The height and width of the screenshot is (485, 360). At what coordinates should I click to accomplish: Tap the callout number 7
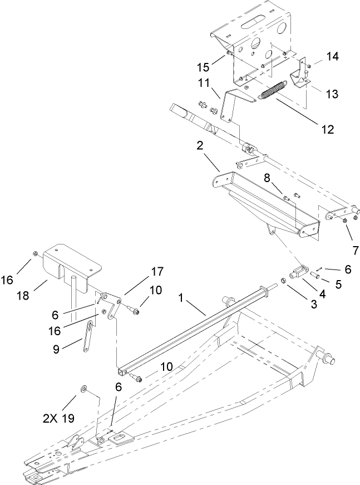tap(354, 249)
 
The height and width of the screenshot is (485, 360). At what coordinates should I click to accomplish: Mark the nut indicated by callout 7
tap(346, 222)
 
